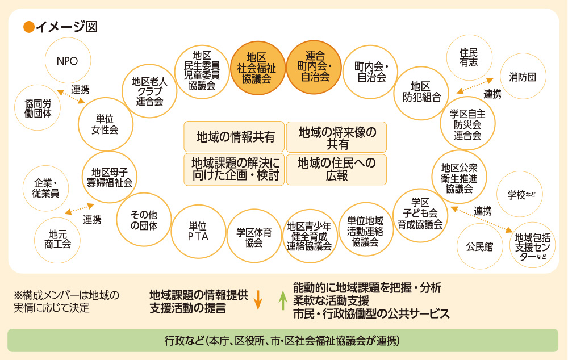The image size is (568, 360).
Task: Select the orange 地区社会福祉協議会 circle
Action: pyautogui.click(x=258, y=68)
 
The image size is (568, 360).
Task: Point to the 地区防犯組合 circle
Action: pyautogui.click(x=421, y=93)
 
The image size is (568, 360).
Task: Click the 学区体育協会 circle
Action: pyautogui.click(x=254, y=237)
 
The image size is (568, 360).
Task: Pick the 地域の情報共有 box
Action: pyautogui.click(x=235, y=136)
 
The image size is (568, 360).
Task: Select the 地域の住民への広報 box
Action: pyautogui.click(x=336, y=169)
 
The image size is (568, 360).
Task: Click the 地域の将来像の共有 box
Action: pyautogui.click(x=336, y=137)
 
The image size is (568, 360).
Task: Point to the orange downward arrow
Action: pyautogui.click(x=257, y=300)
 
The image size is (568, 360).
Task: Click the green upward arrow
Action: pyautogui.click(x=282, y=300)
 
